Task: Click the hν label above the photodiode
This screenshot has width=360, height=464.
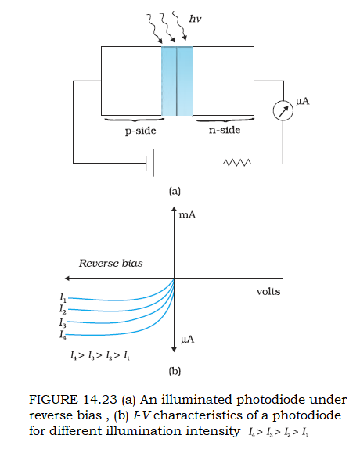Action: pos(195,20)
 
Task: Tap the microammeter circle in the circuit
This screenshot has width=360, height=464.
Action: pos(283,110)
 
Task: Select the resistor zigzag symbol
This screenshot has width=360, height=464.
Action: pos(237,163)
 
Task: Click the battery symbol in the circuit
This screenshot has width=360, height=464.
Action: pos(150,163)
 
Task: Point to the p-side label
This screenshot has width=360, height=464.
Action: pos(140,131)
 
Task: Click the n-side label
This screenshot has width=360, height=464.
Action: pos(225,130)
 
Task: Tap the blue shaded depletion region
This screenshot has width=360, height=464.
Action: pos(177,81)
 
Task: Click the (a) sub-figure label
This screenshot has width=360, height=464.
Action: pos(175,191)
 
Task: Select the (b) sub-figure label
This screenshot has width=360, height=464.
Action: pos(175,371)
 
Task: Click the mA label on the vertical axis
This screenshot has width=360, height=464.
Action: pos(187,215)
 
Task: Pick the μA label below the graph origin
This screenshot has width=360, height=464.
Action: pos(188,340)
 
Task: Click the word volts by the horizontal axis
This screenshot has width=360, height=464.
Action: pos(268,292)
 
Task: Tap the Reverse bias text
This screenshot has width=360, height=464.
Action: pos(110,264)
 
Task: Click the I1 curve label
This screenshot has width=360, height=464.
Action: pos(63,297)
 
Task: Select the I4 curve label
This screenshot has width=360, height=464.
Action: pos(63,335)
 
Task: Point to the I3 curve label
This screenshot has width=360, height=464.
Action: pos(63,322)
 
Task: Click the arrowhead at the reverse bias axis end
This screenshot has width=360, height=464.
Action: pos(67,278)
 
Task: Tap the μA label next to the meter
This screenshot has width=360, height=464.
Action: pos(303,102)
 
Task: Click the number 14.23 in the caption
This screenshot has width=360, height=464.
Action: pos(100,400)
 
